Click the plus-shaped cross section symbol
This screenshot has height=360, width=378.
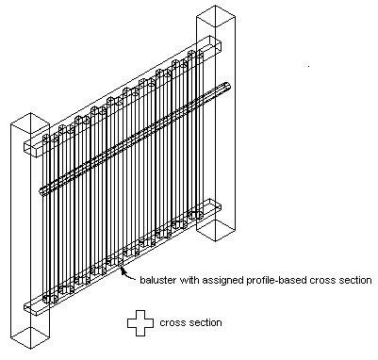pos(140,323)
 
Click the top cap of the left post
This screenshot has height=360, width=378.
pos(30,122)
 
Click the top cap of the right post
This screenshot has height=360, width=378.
pos(216,15)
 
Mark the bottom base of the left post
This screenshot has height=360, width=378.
pos(30,337)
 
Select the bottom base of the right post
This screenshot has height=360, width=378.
pos(216,230)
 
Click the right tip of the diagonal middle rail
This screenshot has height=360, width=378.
pos(228,86)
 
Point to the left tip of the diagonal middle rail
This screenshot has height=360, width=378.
pos(42,190)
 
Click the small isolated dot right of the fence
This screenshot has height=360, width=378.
pos(308,66)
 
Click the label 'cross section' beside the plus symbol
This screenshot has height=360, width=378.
pos(190,323)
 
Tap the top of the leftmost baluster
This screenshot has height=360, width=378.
pos(46,137)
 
